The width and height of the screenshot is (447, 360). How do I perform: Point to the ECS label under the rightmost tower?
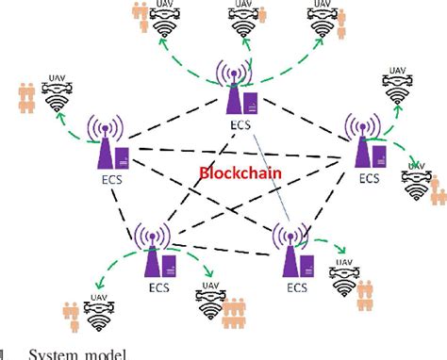pos(370,177)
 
